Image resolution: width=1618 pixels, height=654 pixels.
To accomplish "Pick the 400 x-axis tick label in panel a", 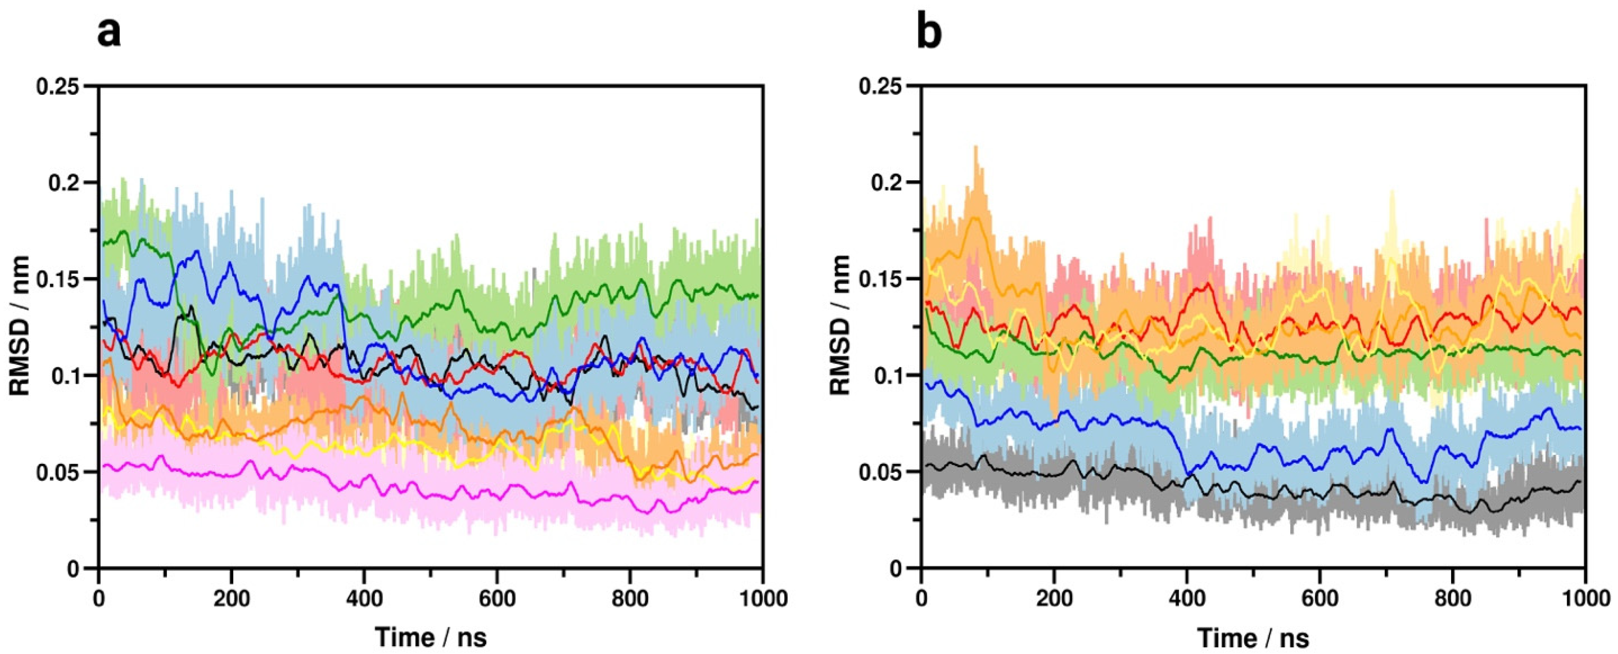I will (364, 599).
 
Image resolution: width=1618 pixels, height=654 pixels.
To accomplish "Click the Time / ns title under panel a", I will (431, 638).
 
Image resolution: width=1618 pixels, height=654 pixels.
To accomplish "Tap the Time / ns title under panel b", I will (1254, 638).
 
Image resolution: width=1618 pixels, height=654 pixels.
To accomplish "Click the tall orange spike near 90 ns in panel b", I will (976, 154).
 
